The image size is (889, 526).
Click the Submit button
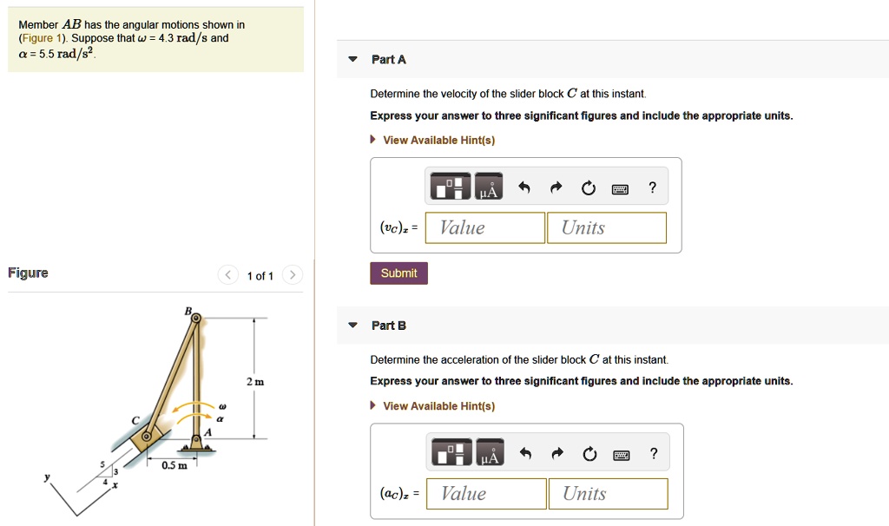[x=398, y=273]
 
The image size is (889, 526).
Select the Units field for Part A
[x=606, y=228]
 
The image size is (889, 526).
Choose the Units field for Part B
[x=608, y=494]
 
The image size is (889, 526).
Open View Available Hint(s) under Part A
[x=438, y=141]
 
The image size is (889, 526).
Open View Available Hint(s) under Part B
[x=438, y=406]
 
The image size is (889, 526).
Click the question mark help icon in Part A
[x=652, y=188]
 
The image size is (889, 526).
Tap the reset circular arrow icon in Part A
[x=589, y=188]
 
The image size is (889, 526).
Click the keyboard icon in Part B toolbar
[x=620, y=454]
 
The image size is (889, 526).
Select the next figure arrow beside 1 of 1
[x=293, y=276]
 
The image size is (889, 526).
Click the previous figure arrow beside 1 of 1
[x=228, y=276]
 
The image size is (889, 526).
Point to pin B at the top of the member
[x=196, y=319]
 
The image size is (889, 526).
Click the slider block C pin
[x=147, y=435]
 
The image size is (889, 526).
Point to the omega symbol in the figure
[x=221, y=405]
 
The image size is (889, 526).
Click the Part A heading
[x=388, y=60]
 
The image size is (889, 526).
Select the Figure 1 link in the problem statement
[x=43, y=39]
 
